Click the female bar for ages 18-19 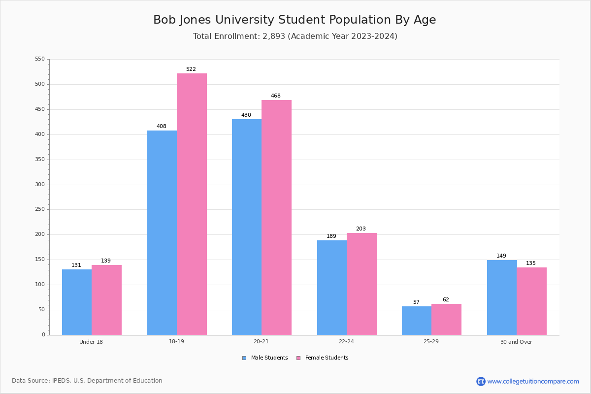[x=192, y=204]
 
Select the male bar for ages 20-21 [x=247, y=227]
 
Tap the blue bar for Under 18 [x=77, y=302]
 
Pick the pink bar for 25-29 [x=446, y=320]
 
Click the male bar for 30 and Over [x=502, y=297]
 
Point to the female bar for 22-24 [x=361, y=284]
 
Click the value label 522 [x=191, y=69]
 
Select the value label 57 [x=416, y=302]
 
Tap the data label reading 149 [x=501, y=256]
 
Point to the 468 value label [x=276, y=96]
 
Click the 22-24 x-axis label [x=346, y=342]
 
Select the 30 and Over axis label [x=516, y=342]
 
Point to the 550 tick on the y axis [x=40, y=59]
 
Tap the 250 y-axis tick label [x=40, y=209]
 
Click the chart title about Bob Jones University [x=295, y=20]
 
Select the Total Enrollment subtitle [x=295, y=36]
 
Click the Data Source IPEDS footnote [x=87, y=381]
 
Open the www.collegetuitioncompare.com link [x=533, y=381]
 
